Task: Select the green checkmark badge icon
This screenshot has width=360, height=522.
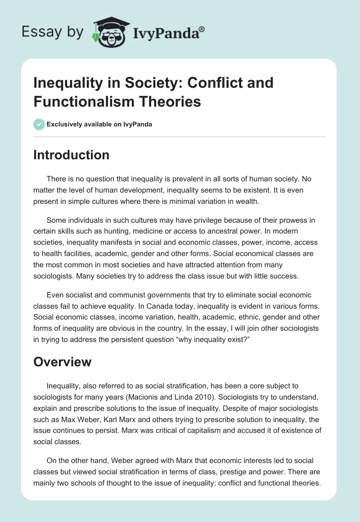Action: pos(39,124)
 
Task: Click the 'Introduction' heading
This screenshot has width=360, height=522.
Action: pos(71,155)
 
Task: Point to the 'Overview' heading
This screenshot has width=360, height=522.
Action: pos(62,361)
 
